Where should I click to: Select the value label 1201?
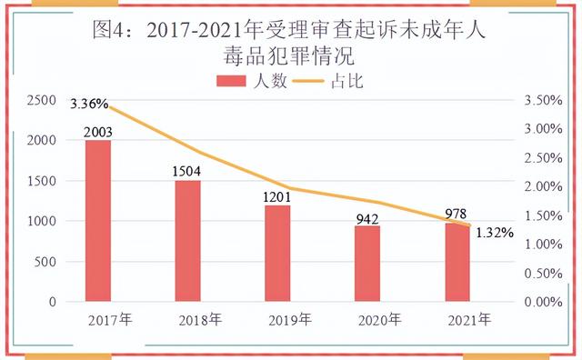(x=278, y=196)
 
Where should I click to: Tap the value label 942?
(x=367, y=217)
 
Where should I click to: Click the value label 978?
(x=457, y=213)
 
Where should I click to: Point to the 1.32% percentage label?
(x=495, y=233)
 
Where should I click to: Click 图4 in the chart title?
(x=113, y=30)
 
